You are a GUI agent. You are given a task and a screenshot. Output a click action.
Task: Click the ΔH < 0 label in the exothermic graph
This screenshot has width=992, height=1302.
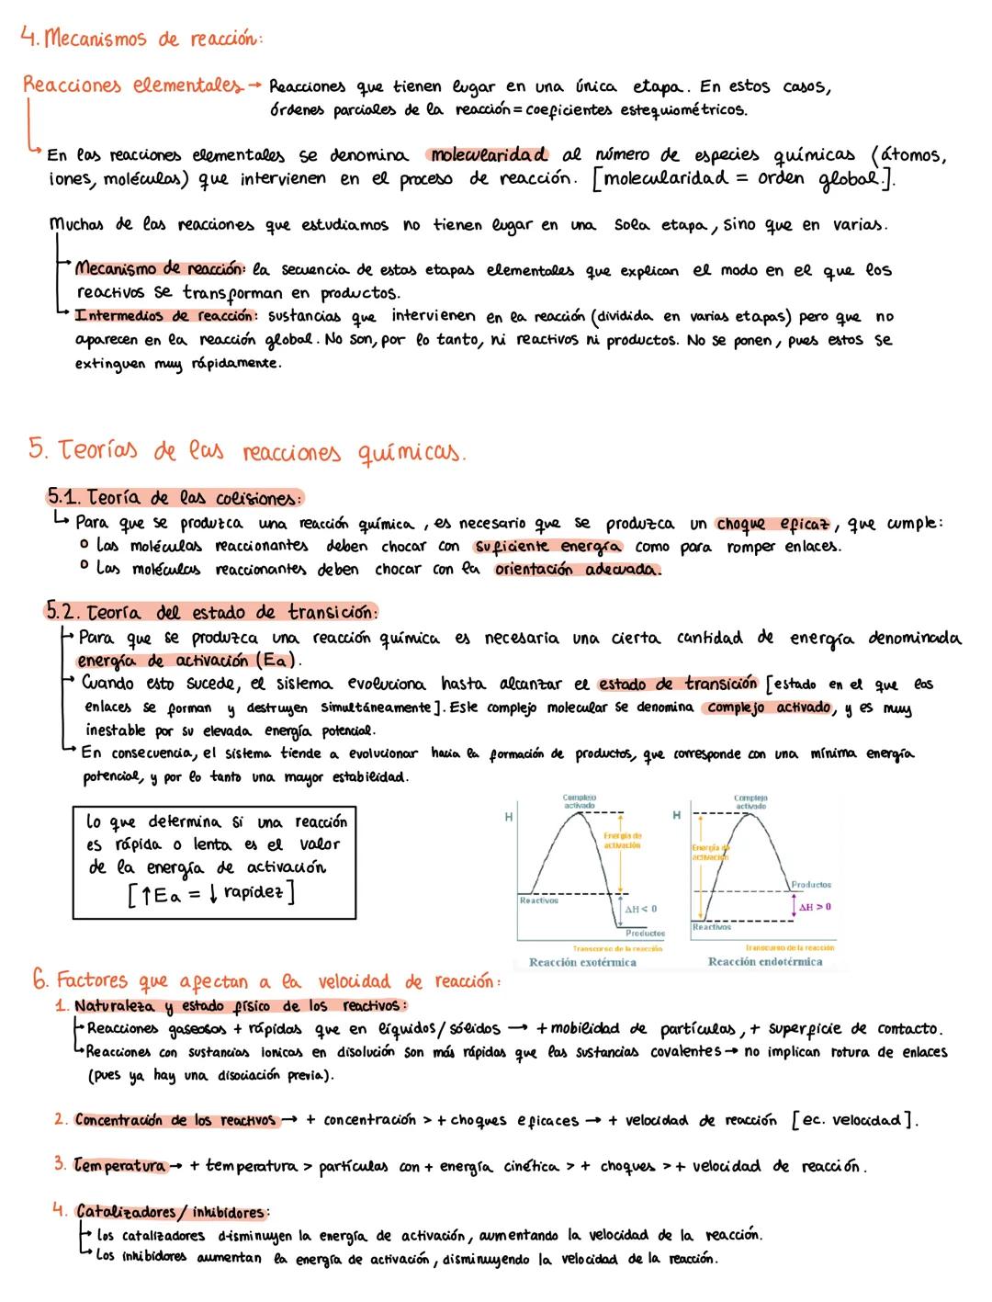coord(641,909)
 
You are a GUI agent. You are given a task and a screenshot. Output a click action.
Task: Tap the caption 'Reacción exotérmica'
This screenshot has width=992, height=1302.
coord(582,962)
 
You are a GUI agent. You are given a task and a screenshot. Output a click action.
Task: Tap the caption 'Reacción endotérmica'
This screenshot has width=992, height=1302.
coord(765,962)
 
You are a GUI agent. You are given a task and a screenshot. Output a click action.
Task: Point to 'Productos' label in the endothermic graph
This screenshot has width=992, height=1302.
coord(811,885)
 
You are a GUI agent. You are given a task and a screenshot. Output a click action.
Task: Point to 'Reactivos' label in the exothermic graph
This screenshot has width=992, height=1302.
coord(539,900)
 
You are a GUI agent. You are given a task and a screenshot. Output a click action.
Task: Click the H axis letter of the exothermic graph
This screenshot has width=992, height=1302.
coord(508,815)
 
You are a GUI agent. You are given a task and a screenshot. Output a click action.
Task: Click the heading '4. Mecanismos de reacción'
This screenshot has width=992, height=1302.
coord(141,39)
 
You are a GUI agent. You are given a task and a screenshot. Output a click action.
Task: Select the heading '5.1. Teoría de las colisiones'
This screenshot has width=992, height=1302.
coord(175,498)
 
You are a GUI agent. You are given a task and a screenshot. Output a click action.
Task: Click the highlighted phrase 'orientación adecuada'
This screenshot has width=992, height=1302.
coord(577,570)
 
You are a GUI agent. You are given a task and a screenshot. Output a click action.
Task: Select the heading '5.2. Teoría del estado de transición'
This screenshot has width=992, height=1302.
coord(211,612)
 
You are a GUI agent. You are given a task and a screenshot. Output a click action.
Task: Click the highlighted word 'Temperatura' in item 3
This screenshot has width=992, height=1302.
coord(119,1166)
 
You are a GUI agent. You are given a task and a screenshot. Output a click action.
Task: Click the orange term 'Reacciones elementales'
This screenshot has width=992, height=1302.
coord(132,85)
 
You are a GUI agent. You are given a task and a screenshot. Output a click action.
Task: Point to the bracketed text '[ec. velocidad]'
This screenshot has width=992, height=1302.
coord(851,1120)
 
